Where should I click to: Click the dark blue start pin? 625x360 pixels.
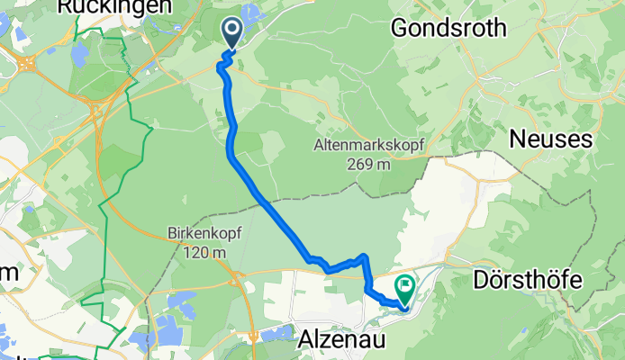tap(232, 34)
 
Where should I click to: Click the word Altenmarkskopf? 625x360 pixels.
tap(368, 146)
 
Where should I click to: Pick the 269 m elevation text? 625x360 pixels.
tap(368, 164)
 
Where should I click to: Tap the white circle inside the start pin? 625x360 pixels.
tap(232, 31)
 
